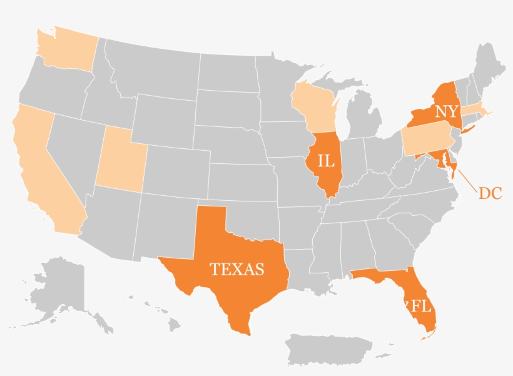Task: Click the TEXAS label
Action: point(236,270)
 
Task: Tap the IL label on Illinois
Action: point(326,161)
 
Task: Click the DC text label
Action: point(490,194)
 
